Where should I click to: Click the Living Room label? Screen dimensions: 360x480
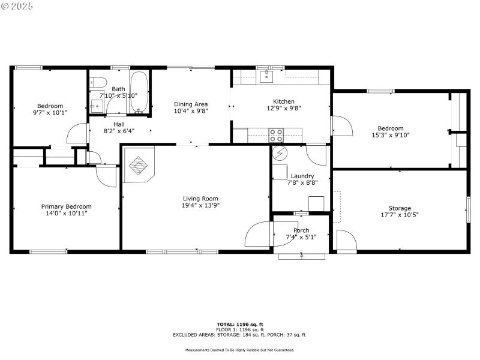(x=200, y=199)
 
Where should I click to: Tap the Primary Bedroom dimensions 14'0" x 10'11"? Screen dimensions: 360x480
(x=66, y=213)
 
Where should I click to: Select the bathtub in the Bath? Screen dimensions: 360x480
(x=139, y=94)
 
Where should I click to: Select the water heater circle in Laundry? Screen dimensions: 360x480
(x=279, y=154)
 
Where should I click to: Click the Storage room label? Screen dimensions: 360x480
(x=400, y=208)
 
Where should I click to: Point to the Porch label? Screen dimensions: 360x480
(x=301, y=230)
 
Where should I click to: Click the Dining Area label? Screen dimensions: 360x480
(x=191, y=104)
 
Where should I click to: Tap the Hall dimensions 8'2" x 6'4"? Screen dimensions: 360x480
(x=119, y=131)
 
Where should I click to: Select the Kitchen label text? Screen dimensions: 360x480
(x=284, y=101)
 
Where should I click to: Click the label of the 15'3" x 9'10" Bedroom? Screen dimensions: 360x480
(x=390, y=128)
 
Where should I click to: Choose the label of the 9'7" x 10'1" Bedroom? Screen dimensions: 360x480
(x=50, y=106)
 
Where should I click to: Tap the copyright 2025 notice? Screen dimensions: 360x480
(x=17, y=5)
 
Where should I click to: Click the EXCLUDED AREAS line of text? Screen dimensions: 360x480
(x=239, y=335)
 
